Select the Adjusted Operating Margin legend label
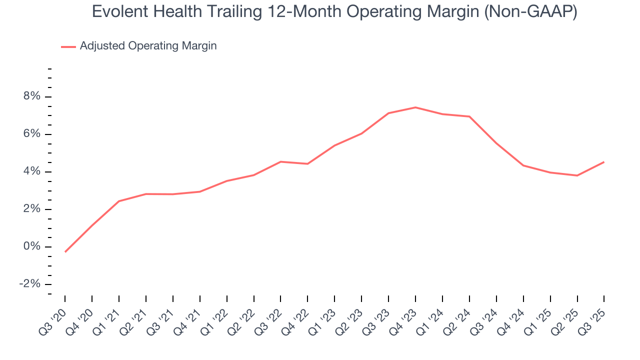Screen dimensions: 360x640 148,46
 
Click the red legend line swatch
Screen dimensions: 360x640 68,46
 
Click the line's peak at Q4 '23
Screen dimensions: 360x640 415,107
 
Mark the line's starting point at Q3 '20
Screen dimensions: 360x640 65,252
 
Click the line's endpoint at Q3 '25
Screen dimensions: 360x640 604,162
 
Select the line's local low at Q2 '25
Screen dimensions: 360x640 577,175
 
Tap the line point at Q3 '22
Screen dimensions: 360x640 280,161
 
